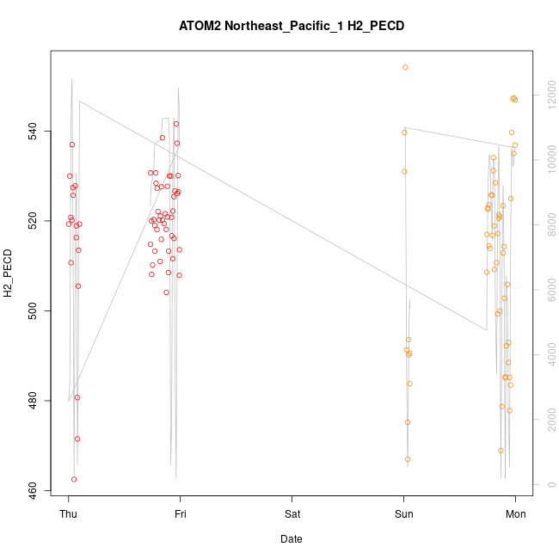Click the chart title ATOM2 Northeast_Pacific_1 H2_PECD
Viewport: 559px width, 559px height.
[x=292, y=26]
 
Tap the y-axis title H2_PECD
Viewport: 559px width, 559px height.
[x=9, y=271]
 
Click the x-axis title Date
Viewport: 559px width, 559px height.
[x=292, y=539]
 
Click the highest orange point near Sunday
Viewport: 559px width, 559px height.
[x=405, y=67]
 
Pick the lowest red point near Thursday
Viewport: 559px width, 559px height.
[x=74, y=479]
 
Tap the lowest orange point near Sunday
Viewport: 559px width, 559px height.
[x=408, y=459]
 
